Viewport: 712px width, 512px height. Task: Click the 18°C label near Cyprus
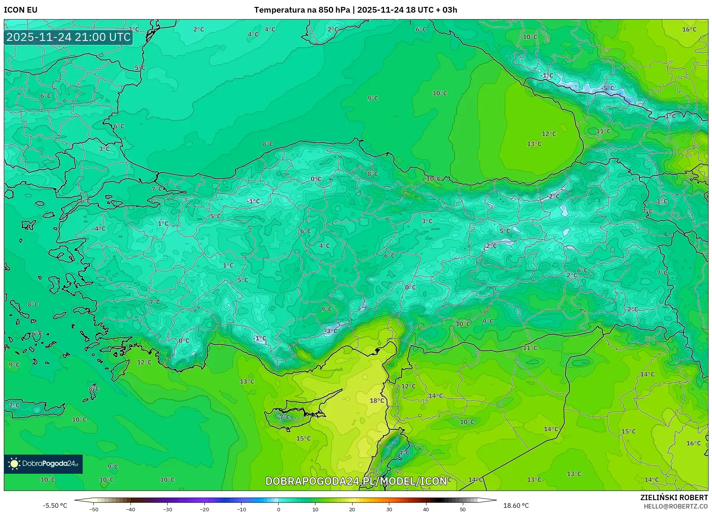pyautogui.click(x=377, y=401)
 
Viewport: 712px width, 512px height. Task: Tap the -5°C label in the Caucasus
pyautogui.click(x=607, y=88)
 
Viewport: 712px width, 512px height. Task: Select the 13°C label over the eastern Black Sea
pyautogui.click(x=534, y=144)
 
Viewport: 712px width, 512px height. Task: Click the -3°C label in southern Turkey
pyautogui.click(x=331, y=331)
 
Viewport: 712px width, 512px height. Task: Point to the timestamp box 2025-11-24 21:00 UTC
pyautogui.click(x=69, y=37)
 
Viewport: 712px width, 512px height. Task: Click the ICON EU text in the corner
pyautogui.click(x=21, y=10)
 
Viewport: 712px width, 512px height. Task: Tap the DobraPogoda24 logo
pyautogui.click(x=43, y=464)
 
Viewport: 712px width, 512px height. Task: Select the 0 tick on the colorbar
pyautogui.click(x=278, y=509)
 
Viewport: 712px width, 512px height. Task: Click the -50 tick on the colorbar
pyautogui.click(x=94, y=509)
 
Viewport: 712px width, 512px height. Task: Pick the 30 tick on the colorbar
pyautogui.click(x=389, y=509)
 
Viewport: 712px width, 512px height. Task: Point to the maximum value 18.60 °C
pyautogui.click(x=516, y=505)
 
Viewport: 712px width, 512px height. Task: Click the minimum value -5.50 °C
pyautogui.click(x=55, y=505)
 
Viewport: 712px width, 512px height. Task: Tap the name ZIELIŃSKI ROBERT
pyautogui.click(x=674, y=497)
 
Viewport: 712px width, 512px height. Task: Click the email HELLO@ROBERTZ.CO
pyautogui.click(x=676, y=506)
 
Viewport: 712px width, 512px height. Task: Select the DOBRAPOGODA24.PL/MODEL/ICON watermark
pyautogui.click(x=356, y=481)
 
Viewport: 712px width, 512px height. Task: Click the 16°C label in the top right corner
pyautogui.click(x=689, y=29)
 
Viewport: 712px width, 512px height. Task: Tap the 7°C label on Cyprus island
pyautogui.click(x=284, y=417)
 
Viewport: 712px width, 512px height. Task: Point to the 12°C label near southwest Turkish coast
pyautogui.click(x=144, y=362)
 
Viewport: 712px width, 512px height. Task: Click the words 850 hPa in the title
pyautogui.click(x=334, y=10)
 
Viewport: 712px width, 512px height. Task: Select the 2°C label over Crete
pyautogui.click(x=14, y=405)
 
